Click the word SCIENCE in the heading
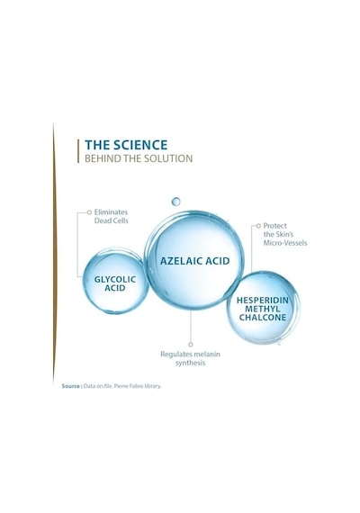[x=140, y=145]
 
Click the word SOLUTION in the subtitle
[x=169, y=158]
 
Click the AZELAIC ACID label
[x=194, y=261]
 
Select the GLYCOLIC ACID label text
[x=115, y=283]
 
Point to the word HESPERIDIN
[x=263, y=301]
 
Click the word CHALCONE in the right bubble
[x=263, y=318]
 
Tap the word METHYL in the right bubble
[x=263, y=309]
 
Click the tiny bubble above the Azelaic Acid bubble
[x=175, y=202]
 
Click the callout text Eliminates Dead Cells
[x=111, y=216]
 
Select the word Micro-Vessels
[x=285, y=243]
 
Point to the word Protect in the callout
[x=274, y=226]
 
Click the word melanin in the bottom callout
[x=208, y=354]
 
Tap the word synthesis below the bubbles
[x=190, y=363]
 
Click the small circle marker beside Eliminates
[x=89, y=212]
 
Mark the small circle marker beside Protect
[x=258, y=226]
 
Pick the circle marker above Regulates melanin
[x=191, y=344]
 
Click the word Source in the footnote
[x=71, y=386]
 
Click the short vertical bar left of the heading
[x=78, y=151]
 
